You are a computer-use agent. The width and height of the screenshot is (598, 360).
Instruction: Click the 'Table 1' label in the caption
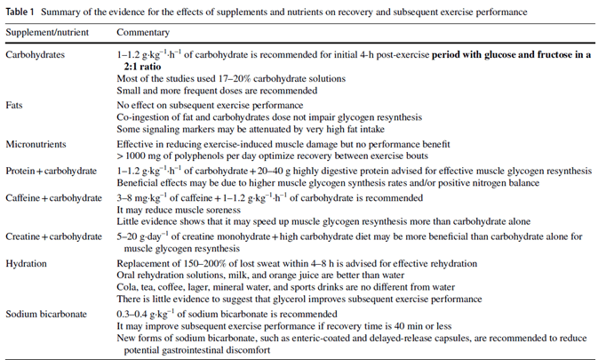coord(20,12)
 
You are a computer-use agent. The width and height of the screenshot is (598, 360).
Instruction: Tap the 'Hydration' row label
coord(28,264)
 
